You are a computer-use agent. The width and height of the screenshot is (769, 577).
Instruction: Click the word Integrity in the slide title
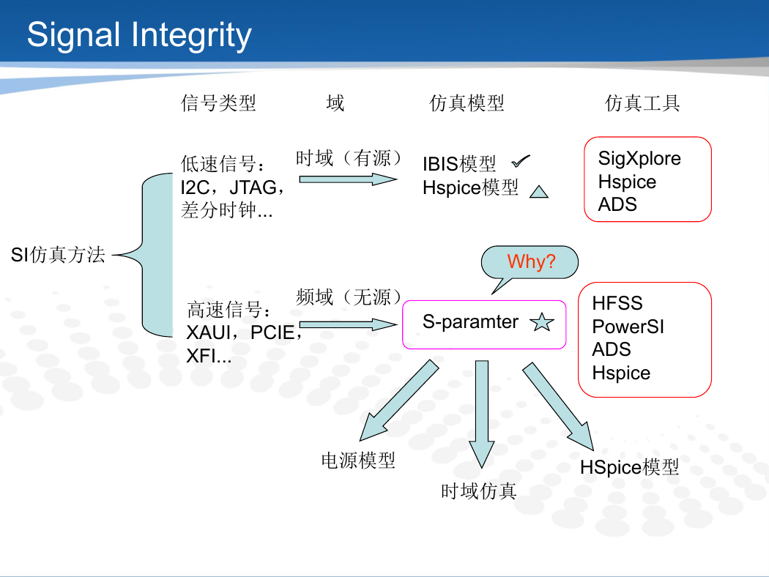[x=191, y=36]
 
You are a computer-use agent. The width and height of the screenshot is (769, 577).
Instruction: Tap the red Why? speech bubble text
[x=531, y=261]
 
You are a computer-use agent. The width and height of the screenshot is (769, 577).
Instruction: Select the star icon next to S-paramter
[x=542, y=322]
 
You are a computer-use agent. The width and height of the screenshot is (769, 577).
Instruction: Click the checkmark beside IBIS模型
[x=520, y=161]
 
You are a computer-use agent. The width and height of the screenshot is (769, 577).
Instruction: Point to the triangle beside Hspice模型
[x=539, y=192]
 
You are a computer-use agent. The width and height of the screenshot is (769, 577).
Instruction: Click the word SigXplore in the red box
[x=639, y=158]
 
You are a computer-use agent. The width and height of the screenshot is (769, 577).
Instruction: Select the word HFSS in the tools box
[x=617, y=303]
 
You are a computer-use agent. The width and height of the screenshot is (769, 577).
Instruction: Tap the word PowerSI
[x=628, y=327]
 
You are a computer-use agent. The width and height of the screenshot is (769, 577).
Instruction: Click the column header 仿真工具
[x=642, y=103]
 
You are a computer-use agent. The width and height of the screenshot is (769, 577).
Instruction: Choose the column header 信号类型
[x=219, y=103]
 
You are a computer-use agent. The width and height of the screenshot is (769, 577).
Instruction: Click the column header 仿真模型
[x=467, y=103]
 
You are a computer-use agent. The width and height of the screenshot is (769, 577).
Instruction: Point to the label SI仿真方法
[x=58, y=255]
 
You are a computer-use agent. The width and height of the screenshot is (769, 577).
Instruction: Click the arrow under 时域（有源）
[x=348, y=179]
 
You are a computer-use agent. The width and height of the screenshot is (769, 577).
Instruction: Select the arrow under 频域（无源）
[x=348, y=324]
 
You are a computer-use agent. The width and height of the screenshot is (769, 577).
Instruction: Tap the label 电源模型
[x=358, y=461]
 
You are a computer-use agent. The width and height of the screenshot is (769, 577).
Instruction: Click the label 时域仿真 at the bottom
[x=479, y=491]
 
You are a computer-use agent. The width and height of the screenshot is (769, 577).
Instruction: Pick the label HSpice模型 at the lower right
[x=629, y=466]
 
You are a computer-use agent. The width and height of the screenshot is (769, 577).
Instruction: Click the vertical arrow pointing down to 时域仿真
[x=482, y=414]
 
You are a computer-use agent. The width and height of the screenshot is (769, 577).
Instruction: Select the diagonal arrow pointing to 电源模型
[x=398, y=401]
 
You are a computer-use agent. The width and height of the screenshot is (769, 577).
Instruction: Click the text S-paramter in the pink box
[x=470, y=322]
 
